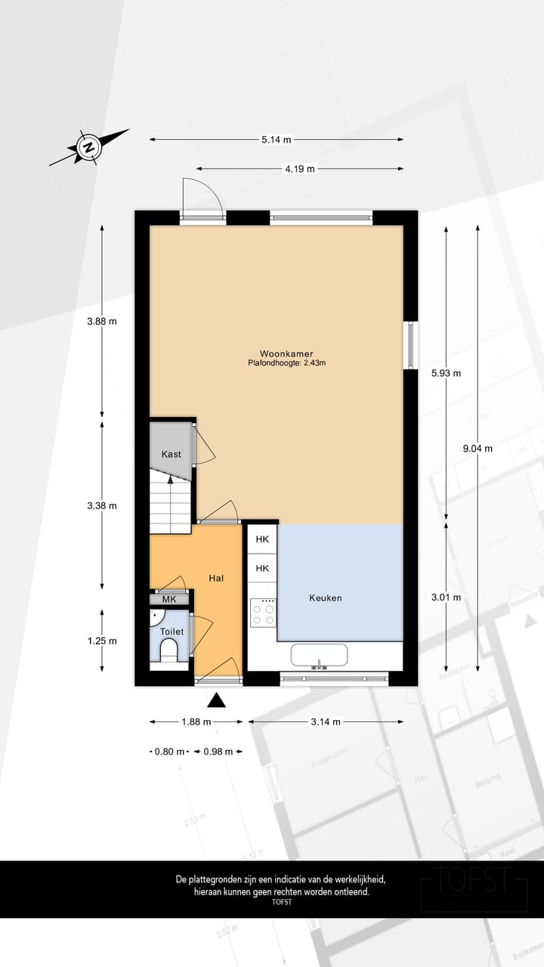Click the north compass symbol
pos(88,147)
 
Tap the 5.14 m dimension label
pos(277,140)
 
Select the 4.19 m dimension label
pos(299,169)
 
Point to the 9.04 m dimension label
pos(478,448)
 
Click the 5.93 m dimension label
pos(446,373)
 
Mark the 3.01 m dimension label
pos(446,597)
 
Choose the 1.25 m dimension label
pos(102,641)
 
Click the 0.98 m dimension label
pos(218,752)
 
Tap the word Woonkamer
pos(286,353)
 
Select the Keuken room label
pos(326,598)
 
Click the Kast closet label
pos(171,454)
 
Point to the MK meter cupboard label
pos(169,599)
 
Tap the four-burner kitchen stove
pos(263,612)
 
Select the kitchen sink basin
pos(320,657)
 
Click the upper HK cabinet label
pos(262,539)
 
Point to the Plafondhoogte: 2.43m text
pos(286,363)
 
